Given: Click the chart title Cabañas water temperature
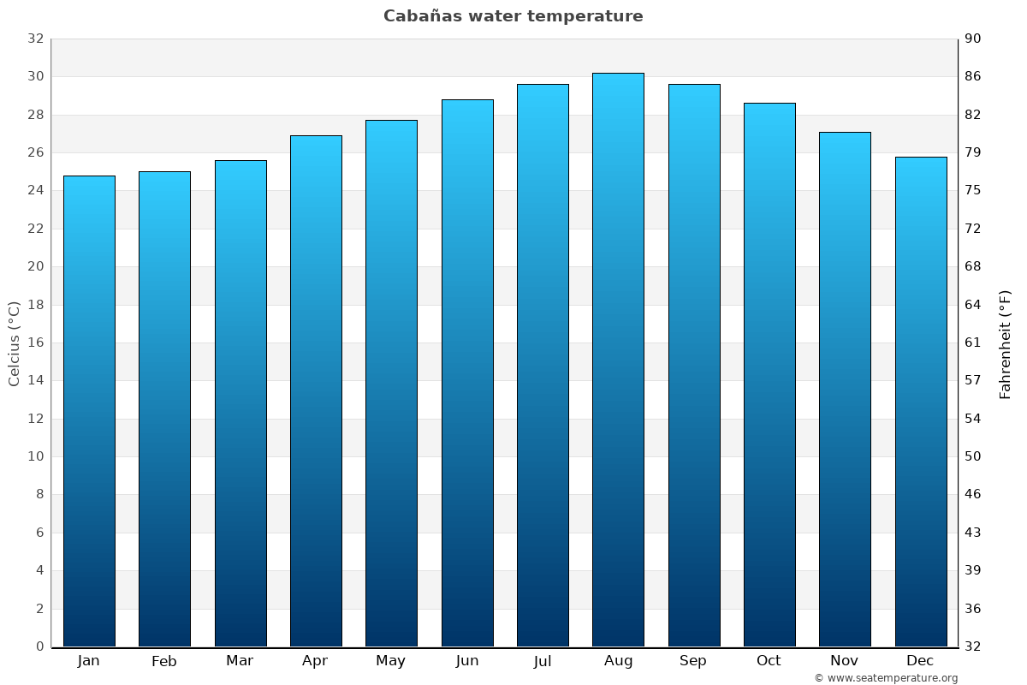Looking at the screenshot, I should (x=513, y=16).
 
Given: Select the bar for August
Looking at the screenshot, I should (x=618, y=360).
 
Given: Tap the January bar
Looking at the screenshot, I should (x=89, y=411).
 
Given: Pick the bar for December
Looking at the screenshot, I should (x=920, y=402).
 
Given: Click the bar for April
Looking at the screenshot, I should (x=316, y=390).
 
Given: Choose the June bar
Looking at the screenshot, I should (x=467, y=372).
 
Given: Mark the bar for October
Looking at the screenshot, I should (x=769, y=374).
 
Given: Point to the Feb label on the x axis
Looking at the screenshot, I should (x=164, y=661).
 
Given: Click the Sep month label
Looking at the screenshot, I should (x=693, y=661).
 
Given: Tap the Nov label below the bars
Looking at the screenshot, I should (x=845, y=661).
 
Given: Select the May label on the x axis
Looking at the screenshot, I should (x=391, y=661).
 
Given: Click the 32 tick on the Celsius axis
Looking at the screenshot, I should (x=35, y=39).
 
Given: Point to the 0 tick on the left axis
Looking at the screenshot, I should (x=39, y=646).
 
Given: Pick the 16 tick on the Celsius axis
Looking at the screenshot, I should (x=35, y=342).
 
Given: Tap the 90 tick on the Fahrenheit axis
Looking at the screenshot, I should (x=974, y=39).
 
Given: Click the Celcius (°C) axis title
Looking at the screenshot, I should (x=15, y=343).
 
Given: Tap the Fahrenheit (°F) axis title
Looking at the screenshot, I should (x=1005, y=343).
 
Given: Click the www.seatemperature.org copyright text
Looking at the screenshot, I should (x=886, y=678).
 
